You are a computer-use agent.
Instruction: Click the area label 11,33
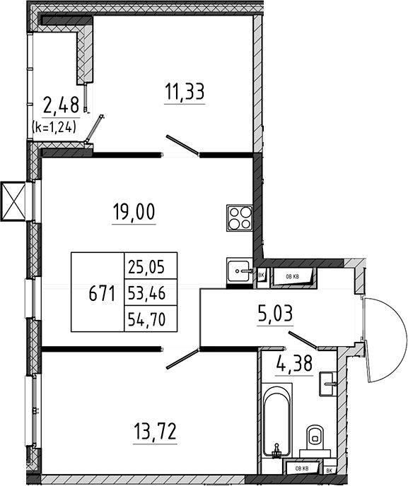(x=185, y=92)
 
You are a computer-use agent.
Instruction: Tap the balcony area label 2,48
(x=61, y=105)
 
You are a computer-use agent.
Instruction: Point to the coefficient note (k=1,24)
(x=54, y=127)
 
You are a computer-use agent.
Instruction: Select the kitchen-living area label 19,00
(x=134, y=213)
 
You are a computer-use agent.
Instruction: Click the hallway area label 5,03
(x=275, y=314)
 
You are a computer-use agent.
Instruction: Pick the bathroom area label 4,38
(x=294, y=364)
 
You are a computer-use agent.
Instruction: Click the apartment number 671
(x=102, y=293)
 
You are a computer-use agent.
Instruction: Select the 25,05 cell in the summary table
(x=151, y=266)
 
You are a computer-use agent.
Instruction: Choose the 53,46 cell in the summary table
(x=151, y=292)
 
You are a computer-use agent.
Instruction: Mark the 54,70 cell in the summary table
(x=151, y=319)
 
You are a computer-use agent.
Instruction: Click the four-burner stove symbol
(x=239, y=218)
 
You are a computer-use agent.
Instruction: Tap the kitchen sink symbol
(x=239, y=271)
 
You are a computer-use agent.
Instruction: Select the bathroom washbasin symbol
(x=327, y=384)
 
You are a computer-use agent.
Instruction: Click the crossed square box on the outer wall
(x=13, y=201)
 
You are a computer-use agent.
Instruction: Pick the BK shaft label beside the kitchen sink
(x=261, y=275)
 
